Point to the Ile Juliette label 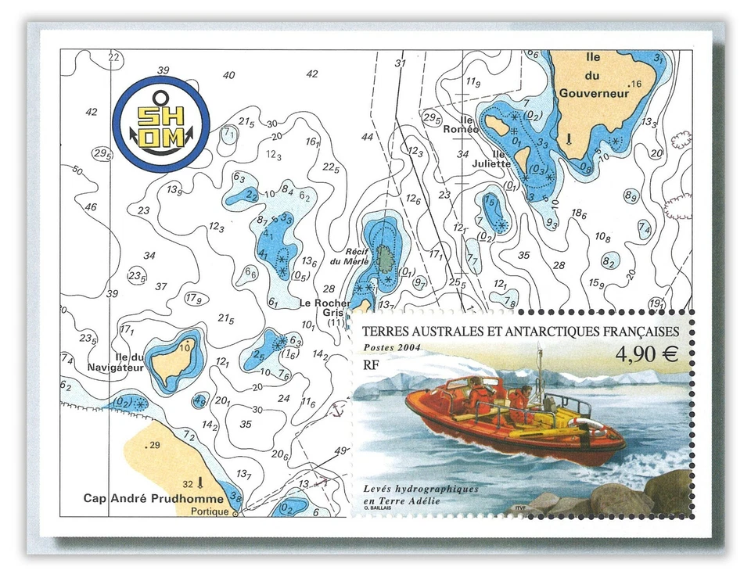point(491,159)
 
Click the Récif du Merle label point(349,257)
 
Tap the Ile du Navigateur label point(124,362)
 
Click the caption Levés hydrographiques point(420,489)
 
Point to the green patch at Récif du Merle point(384,256)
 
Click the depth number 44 point(367,137)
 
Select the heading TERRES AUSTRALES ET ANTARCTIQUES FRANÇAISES point(519,331)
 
